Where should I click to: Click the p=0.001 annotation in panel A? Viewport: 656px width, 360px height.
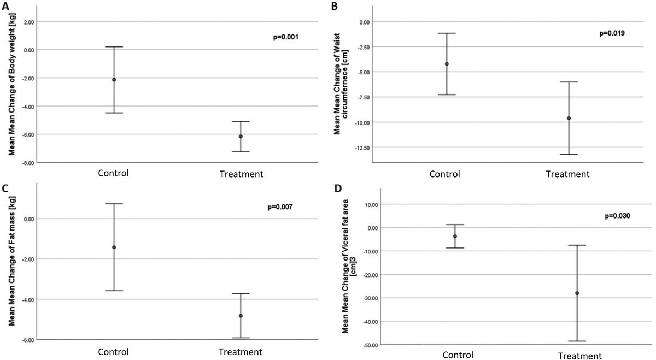[x=285, y=37]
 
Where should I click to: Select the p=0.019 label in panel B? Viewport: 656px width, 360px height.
[x=612, y=33]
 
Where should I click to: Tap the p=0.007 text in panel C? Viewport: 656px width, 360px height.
[x=280, y=207]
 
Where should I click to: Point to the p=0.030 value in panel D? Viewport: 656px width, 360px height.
[x=617, y=216]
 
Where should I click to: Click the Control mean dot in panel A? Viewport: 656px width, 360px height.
[x=114, y=80]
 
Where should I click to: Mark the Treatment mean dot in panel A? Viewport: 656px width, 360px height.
[x=241, y=137]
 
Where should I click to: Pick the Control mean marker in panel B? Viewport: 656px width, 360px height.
[x=447, y=64]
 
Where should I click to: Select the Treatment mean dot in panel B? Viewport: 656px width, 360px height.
[x=569, y=118]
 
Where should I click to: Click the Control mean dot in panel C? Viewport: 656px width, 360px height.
[x=114, y=247]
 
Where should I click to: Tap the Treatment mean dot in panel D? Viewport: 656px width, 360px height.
[x=577, y=293]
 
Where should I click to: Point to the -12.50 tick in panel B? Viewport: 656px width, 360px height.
[x=362, y=148]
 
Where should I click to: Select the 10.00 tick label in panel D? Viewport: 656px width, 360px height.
[x=371, y=205]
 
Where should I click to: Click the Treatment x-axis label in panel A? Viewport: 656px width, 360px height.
[x=241, y=174]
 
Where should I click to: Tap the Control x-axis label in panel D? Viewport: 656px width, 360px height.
[x=458, y=355]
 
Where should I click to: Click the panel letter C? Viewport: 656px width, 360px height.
[x=5, y=188]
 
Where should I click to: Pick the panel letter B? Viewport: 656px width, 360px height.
[x=335, y=6]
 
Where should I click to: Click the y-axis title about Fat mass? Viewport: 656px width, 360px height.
[x=11, y=261]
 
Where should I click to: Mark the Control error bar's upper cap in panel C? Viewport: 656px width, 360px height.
[x=114, y=204]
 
